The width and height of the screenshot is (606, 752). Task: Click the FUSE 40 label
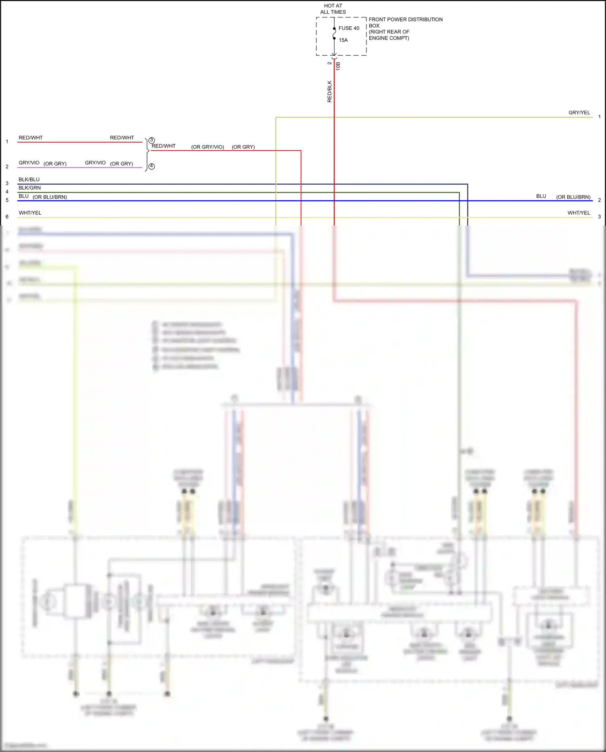349,28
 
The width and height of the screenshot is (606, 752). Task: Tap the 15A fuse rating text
343,40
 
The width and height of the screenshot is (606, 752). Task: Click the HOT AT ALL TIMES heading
333,9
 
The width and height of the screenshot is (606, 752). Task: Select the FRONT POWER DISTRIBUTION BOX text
405,19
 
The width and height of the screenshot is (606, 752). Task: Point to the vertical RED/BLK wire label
329,91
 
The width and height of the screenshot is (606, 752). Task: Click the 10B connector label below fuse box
338,66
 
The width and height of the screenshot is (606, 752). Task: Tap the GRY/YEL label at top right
579,113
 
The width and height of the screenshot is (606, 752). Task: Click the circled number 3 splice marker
151,140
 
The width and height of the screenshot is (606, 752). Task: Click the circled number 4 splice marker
151,166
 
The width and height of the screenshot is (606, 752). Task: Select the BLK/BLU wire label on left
29,179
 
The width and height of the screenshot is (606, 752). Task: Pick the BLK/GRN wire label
29,188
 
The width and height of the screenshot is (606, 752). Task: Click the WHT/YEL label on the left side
30,213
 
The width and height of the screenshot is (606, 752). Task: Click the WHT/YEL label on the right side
579,213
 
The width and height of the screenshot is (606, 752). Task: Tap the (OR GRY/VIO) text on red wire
207,147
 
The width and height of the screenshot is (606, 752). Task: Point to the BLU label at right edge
541,196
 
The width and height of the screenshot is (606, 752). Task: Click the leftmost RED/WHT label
30,138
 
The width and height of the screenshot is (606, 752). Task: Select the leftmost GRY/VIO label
29,163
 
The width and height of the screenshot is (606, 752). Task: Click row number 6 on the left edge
7,217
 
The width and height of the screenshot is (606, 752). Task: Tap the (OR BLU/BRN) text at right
573,197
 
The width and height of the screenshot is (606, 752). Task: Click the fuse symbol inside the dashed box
334,34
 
